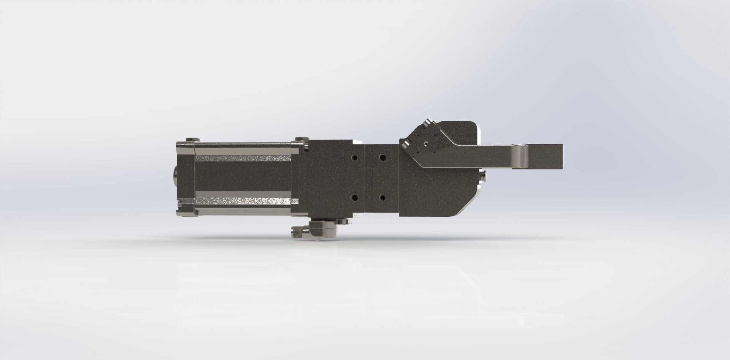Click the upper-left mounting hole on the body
354,157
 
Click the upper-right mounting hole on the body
382,157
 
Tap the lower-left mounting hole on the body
354,198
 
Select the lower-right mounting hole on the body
382,198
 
